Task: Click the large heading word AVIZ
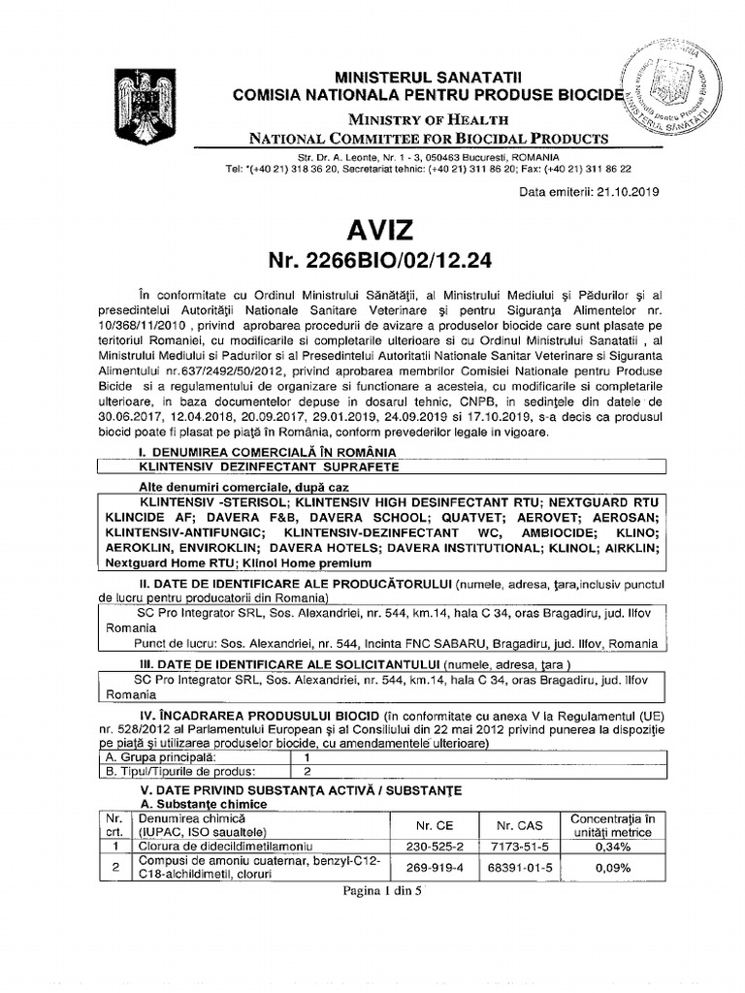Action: click(x=372, y=231)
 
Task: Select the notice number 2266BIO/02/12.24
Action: click(x=372, y=264)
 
